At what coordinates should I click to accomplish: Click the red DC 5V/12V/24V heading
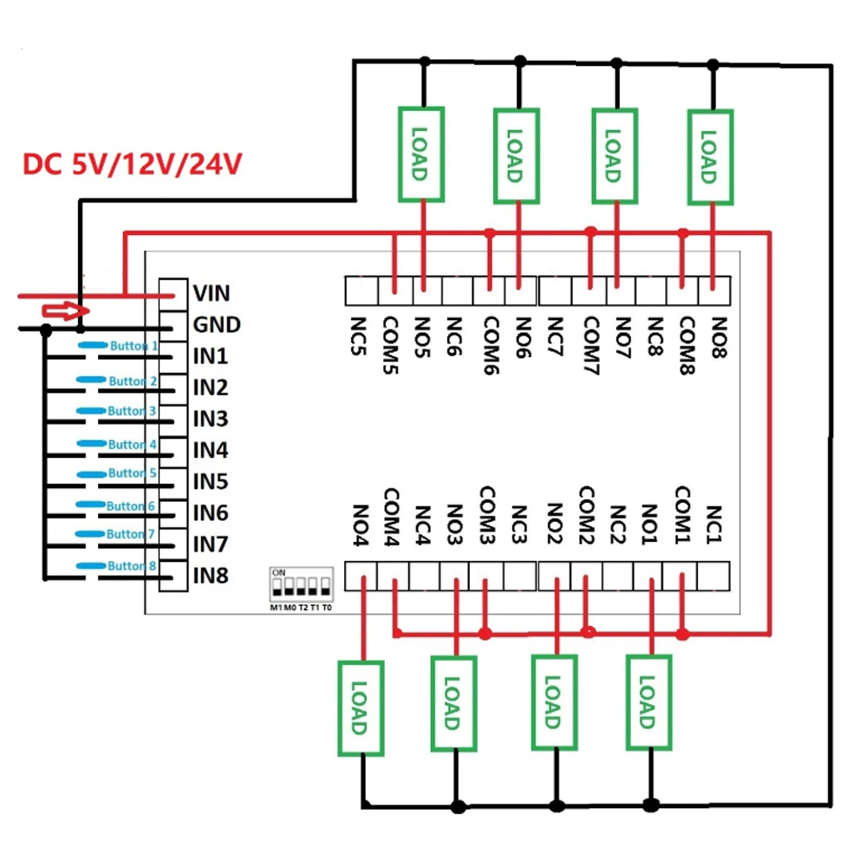(132, 164)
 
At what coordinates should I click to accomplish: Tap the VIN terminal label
(212, 293)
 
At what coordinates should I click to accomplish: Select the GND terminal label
(217, 324)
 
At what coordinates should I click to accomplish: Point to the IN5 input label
(211, 481)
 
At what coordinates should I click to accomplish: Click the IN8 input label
(211, 576)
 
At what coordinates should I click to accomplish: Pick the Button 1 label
(134, 346)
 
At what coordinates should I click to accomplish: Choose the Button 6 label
(131, 506)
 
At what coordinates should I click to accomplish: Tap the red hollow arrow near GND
(66, 310)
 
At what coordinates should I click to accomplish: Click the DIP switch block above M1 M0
(302, 584)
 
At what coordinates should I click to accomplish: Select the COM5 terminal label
(391, 346)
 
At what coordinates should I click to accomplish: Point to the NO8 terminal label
(719, 338)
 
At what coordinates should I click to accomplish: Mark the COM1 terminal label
(683, 515)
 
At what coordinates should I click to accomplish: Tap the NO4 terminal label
(361, 525)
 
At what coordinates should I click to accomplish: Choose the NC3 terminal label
(518, 525)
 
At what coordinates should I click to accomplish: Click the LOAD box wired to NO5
(421, 154)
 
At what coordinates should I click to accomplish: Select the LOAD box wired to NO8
(711, 157)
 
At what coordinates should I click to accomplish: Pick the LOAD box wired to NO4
(361, 707)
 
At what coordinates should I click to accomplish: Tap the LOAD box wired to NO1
(649, 702)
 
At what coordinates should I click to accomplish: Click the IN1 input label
(211, 356)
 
